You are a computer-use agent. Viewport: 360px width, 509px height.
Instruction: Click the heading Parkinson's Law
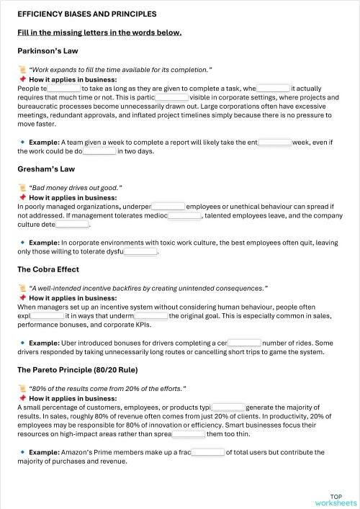48,51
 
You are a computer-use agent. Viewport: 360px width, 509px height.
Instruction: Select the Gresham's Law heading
46,169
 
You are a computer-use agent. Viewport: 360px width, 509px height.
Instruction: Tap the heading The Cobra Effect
48,269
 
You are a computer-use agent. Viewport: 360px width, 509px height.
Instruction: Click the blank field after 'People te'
64,89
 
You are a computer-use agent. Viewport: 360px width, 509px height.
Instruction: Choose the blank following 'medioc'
184,215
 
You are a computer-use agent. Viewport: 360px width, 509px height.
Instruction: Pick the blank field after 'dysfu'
140,252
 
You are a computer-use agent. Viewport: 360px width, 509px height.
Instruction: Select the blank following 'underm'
151,316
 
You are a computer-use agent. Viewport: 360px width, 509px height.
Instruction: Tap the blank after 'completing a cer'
244,343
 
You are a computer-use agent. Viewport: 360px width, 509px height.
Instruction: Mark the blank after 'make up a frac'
208,453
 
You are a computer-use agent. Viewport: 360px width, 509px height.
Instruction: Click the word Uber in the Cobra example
71,343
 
